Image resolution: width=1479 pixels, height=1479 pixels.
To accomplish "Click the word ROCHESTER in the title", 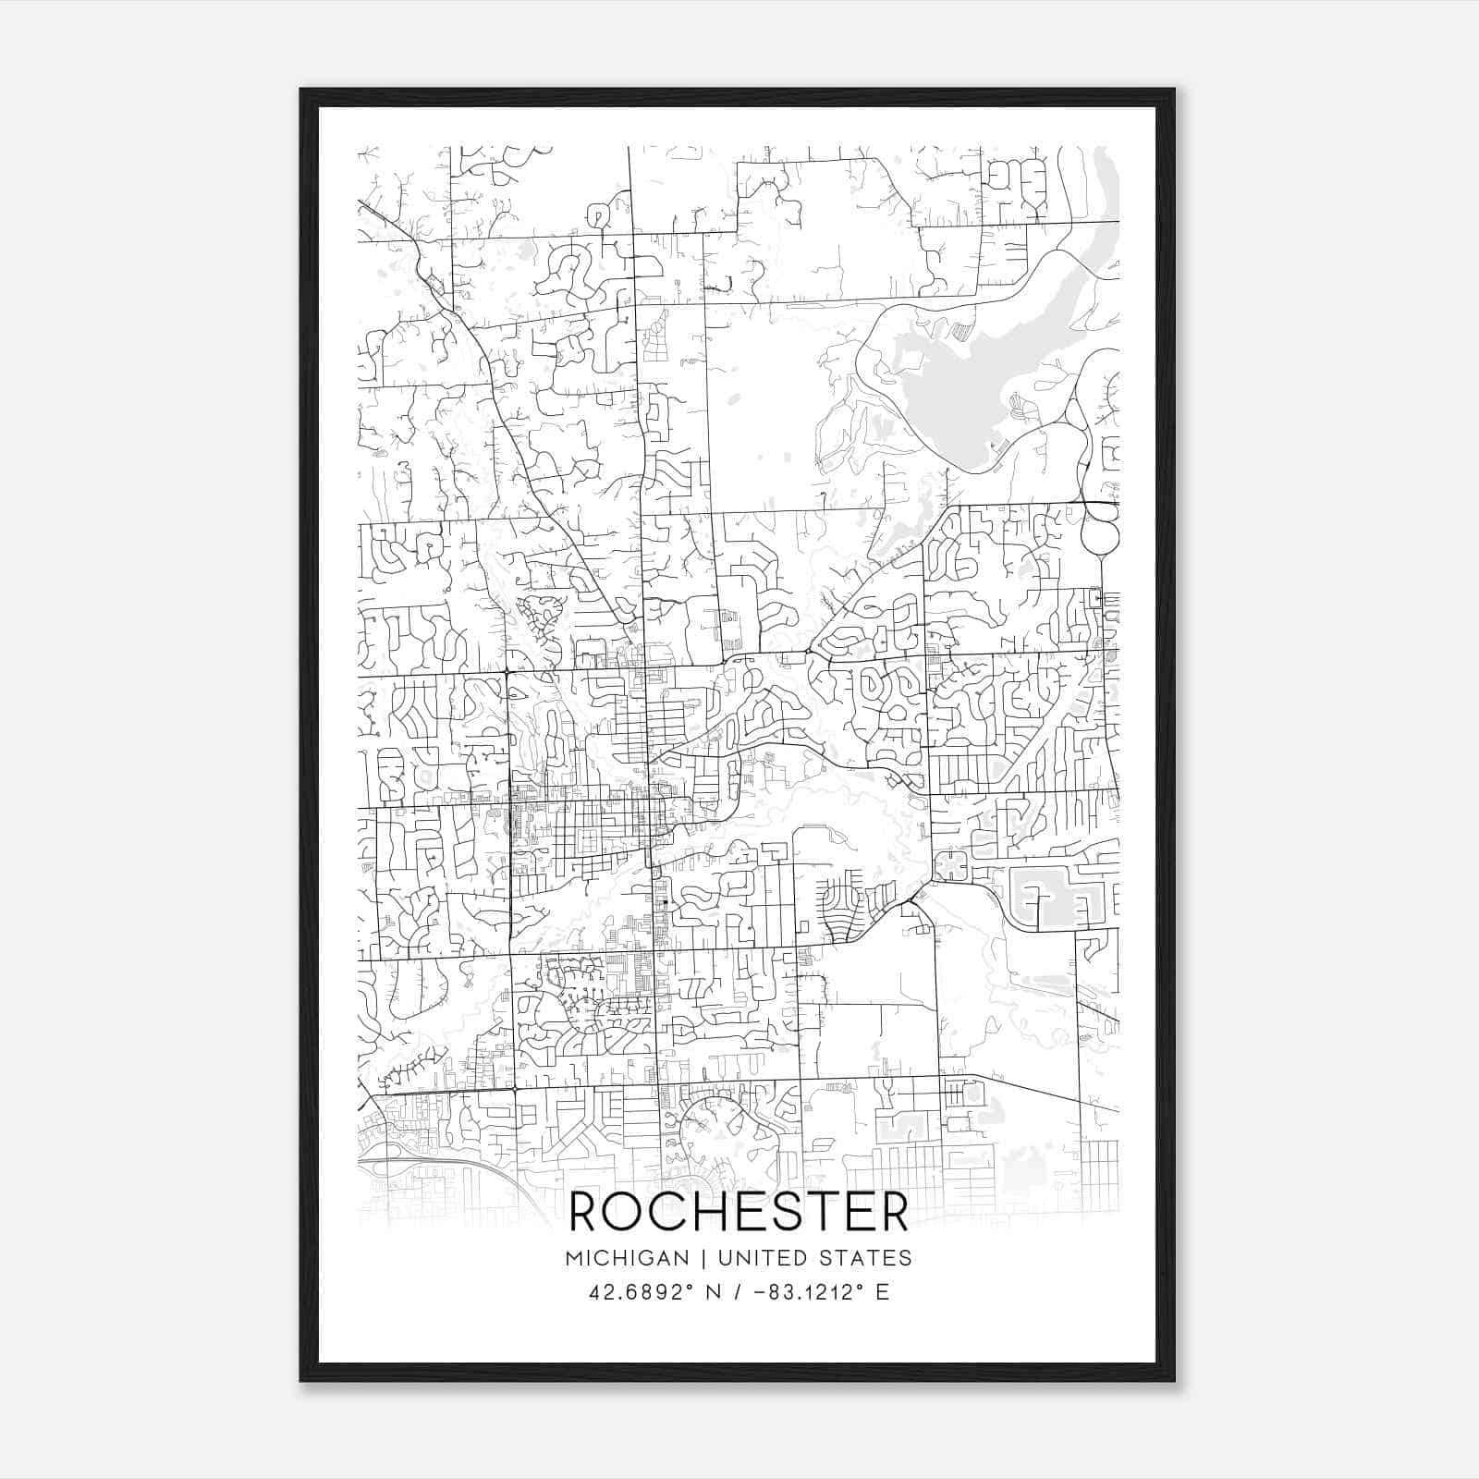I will click(x=739, y=1212).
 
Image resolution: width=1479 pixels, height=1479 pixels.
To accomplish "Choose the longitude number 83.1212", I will click(x=813, y=1291).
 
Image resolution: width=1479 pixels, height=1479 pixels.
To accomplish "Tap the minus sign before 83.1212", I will click(x=761, y=1291).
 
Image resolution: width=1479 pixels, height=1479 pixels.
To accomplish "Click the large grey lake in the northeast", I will click(x=961, y=388).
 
